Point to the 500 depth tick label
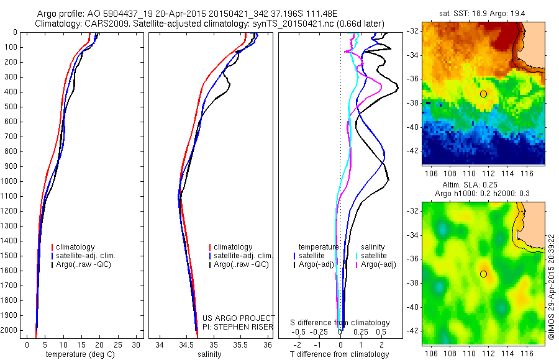[x=13, y=107]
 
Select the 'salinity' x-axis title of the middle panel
[x=208, y=354]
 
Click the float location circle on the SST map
[x=483, y=94]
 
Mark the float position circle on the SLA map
[x=483, y=274]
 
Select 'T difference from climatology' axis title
[x=340, y=354]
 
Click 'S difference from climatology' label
[x=340, y=323]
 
